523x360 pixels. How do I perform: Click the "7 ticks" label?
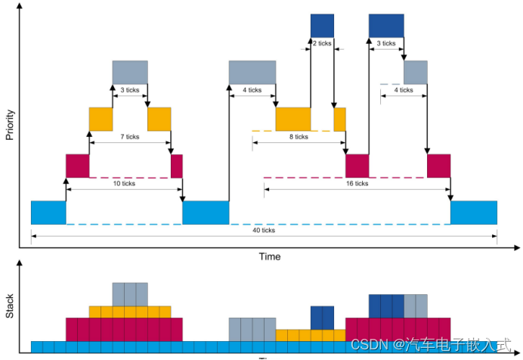(129, 137)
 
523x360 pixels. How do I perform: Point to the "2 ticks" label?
(322, 43)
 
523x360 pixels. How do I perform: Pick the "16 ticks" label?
(356, 183)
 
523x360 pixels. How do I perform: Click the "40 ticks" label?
(263, 231)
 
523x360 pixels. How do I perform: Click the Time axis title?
(270, 256)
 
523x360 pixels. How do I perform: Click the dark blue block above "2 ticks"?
(322, 25)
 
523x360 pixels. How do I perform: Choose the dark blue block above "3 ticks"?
(385, 25)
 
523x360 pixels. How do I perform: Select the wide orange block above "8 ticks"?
(292, 119)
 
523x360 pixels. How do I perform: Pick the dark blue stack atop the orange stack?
(322, 317)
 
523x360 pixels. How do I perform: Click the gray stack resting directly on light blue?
(252, 329)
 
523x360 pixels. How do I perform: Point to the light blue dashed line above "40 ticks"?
(263, 225)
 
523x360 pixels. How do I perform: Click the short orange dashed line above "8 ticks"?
(262, 131)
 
